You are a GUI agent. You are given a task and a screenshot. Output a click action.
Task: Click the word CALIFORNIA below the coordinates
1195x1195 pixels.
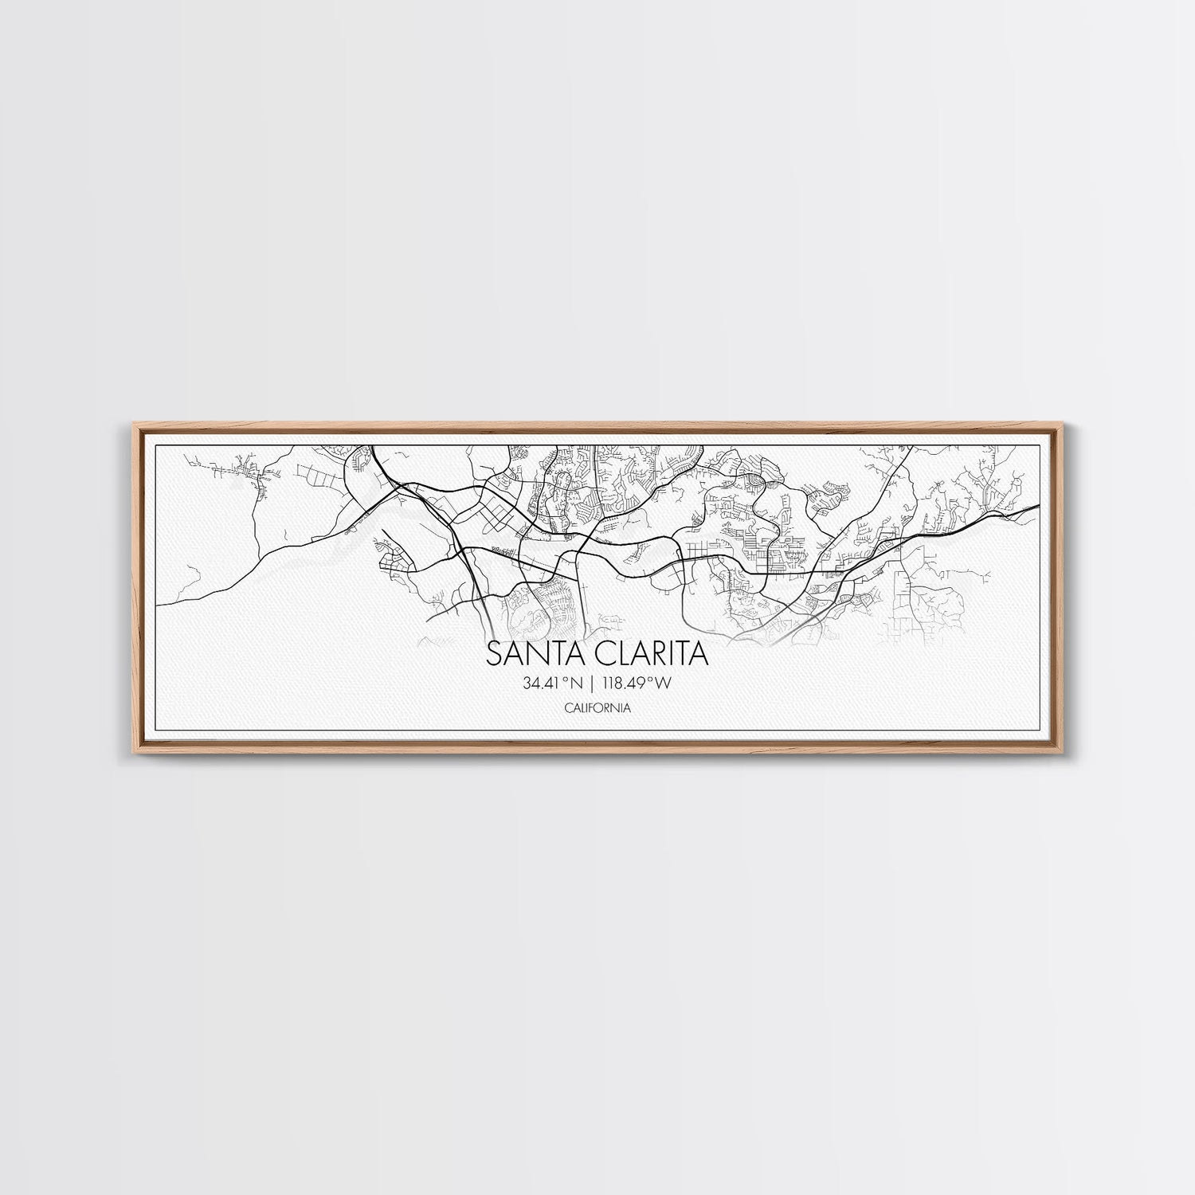click(597, 706)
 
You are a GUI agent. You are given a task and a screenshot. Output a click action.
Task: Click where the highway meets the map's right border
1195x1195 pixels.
click(1039, 505)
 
